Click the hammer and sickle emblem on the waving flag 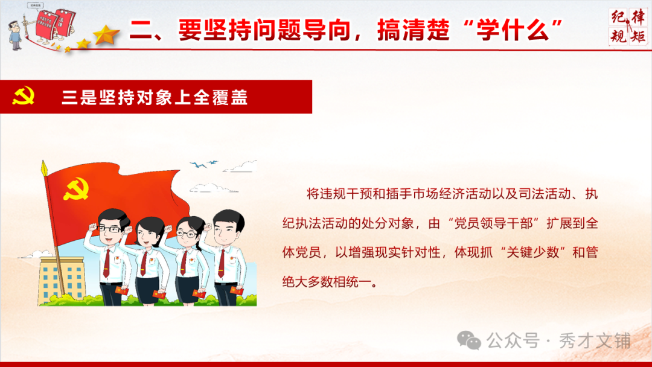[x=77, y=190]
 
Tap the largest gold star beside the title [x=107, y=36]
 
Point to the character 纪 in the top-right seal [x=618, y=17]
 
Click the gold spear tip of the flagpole [x=43, y=167]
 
